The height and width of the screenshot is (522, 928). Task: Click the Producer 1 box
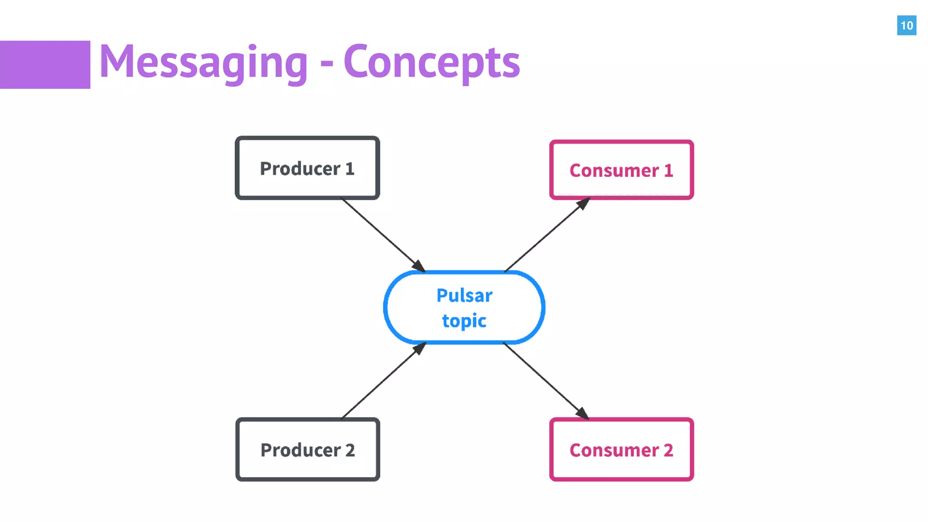click(307, 168)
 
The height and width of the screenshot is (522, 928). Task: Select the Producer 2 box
click(307, 449)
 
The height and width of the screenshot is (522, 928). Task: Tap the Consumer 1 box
click(621, 170)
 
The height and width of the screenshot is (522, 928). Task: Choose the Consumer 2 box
click(621, 449)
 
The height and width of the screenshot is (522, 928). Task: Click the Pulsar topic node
click(464, 308)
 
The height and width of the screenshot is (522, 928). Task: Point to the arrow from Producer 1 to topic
click(383, 235)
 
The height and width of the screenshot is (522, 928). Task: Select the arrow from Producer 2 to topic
click(383, 381)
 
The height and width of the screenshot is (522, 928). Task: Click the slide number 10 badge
click(906, 25)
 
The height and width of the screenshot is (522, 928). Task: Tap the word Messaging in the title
click(203, 63)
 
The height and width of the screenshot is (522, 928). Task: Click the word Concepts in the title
click(431, 63)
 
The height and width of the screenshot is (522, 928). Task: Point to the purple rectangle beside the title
click(45, 64)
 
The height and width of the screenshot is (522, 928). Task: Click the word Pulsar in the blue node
click(464, 295)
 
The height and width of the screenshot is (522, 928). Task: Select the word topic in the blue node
click(464, 321)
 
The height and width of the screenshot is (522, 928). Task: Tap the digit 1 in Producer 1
click(349, 169)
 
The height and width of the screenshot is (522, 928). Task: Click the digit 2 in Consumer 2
click(668, 450)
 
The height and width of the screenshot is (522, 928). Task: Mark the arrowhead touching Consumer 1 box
click(583, 203)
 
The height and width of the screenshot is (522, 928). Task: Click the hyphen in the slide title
click(327, 63)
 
